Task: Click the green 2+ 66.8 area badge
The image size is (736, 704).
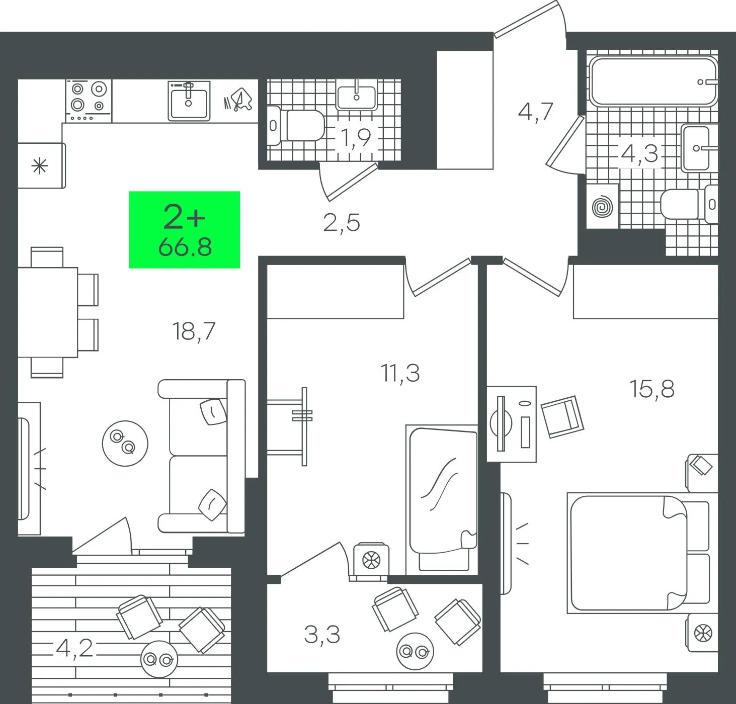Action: coord(185,229)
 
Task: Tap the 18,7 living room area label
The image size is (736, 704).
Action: coord(194,331)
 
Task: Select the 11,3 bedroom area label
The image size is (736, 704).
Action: coord(400,373)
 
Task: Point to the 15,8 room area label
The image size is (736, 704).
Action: coord(652,389)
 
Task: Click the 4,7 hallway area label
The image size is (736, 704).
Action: coord(536,112)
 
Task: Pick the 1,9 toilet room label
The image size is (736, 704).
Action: coord(356,137)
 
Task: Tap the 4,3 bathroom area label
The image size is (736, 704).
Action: coord(639,154)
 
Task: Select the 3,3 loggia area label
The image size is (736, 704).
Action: coord(322,635)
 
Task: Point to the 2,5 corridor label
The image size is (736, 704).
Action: coord(342,222)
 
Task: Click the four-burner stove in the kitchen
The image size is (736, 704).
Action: coord(89,101)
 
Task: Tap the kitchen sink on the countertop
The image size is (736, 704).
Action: coord(189,101)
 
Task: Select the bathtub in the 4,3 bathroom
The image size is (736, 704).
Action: coord(653,81)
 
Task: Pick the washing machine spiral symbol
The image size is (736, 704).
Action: coord(603,207)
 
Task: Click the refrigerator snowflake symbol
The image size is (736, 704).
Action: coord(40,166)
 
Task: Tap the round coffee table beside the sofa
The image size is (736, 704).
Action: coord(125,444)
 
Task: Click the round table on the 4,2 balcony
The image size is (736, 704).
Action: coord(159,659)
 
